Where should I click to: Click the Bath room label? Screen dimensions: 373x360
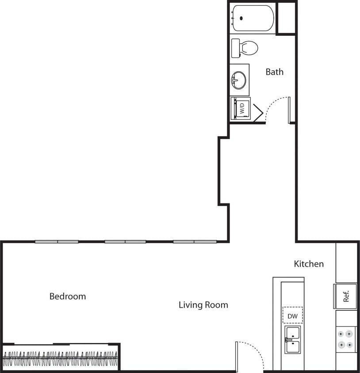(275, 72)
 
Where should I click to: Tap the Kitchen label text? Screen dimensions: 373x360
(309, 264)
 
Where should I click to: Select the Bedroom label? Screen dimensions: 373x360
(68, 296)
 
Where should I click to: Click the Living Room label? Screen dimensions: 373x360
(203, 304)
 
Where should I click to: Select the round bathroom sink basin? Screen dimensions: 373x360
(238, 80)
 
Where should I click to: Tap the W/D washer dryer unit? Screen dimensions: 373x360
(241, 108)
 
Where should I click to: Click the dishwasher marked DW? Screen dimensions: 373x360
(292, 316)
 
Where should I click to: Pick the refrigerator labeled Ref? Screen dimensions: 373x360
(346, 296)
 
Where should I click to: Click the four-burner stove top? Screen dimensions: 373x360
(346, 339)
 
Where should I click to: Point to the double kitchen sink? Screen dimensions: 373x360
(292, 339)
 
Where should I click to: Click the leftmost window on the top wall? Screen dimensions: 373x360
(57, 242)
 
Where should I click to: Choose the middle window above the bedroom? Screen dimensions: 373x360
(125, 242)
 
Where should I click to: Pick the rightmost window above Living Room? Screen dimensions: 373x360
(195, 242)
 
